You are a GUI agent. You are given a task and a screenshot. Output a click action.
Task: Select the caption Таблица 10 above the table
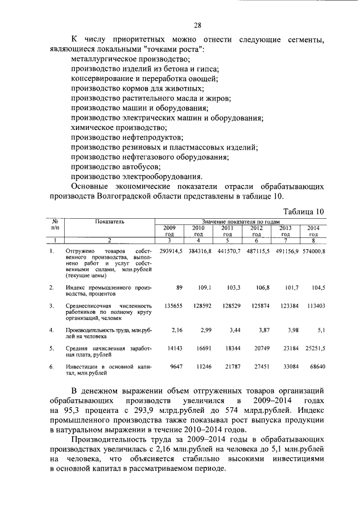pos(304,211)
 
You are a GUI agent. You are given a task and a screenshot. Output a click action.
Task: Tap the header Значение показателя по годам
pos(241,222)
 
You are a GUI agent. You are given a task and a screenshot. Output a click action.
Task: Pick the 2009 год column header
pos(169,231)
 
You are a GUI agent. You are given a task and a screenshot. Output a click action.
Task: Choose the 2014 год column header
pos(313,231)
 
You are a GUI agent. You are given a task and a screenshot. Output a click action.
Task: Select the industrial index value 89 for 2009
pos(179,287)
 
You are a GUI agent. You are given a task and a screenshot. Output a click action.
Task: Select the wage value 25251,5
pos(314,349)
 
